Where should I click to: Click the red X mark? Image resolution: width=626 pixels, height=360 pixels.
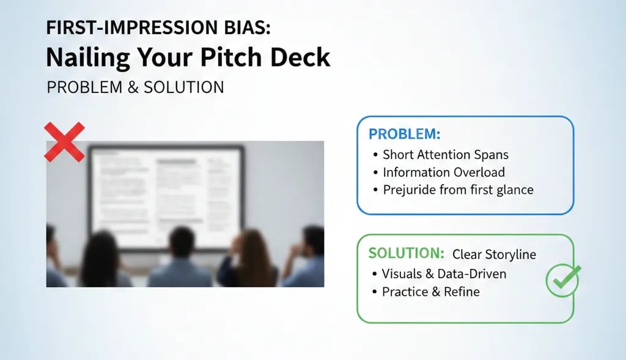tap(64, 142)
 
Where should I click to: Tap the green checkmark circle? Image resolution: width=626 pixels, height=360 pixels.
tap(562, 281)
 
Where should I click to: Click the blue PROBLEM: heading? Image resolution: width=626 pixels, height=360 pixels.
tap(404, 134)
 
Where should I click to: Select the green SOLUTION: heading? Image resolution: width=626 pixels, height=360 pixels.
tap(407, 254)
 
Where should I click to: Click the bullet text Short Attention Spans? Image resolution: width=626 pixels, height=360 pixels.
tap(445, 155)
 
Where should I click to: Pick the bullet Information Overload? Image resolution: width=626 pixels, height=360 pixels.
tap(443, 172)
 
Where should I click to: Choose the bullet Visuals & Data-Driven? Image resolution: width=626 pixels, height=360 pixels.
tap(444, 274)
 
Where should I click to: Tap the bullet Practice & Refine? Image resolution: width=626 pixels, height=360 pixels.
tap(430, 292)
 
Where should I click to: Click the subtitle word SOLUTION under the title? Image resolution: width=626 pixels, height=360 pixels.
tap(183, 87)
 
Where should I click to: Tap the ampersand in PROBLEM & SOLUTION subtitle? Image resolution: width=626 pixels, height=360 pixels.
tap(133, 87)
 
